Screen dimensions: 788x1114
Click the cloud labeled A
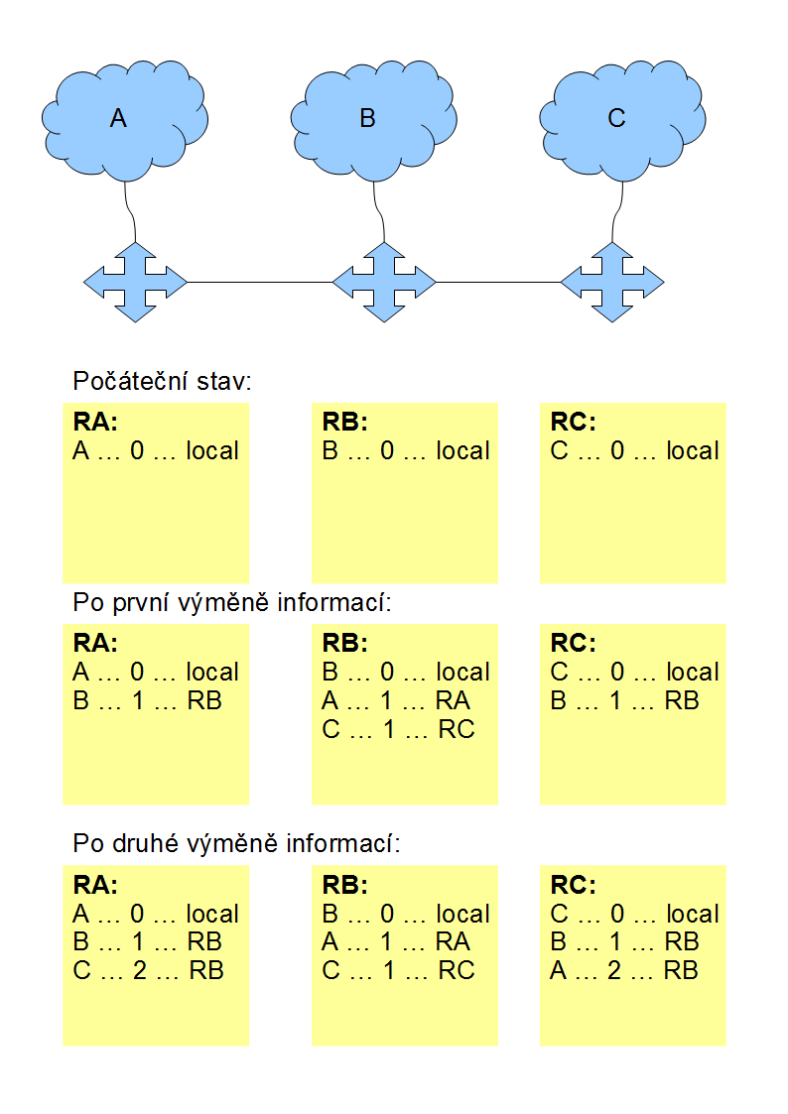click(125, 121)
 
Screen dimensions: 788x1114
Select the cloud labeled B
click(374, 121)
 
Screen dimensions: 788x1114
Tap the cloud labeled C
click(623, 121)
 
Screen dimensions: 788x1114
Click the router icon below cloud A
click(135, 282)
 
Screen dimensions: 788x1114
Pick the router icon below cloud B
click(384, 282)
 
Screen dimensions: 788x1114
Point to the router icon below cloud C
click(612, 282)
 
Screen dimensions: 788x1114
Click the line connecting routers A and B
click(260, 282)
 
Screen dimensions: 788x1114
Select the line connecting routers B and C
click(498, 282)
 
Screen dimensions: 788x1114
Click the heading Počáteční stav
click(162, 382)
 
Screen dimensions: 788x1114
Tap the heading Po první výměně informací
click(231, 602)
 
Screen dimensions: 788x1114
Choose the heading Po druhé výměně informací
click(236, 843)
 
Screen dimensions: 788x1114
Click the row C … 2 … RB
click(149, 970)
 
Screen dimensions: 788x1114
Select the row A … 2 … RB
click(624, 970)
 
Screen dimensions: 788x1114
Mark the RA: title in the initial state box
click(95, 422)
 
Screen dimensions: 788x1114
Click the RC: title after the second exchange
click(574, 885)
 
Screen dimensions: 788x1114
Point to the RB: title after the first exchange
click(345, 643)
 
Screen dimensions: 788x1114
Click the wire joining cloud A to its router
click(131, 212)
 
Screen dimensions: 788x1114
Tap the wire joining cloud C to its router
click(617, 212)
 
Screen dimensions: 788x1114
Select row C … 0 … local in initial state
click(634, 450)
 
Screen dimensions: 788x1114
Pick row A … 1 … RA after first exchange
click(396, 701)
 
